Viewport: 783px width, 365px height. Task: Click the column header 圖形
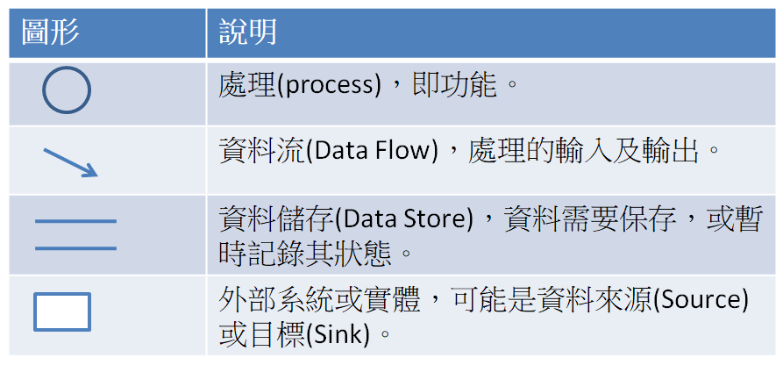pyautogui.click(x=51, y=32)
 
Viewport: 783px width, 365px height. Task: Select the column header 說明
pyautogui.click(x=248, y=32)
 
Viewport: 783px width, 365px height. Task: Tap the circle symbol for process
pyautogui.click(x=67, y=91)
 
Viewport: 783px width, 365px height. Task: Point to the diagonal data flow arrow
pyautogui.click(x=70, y=161)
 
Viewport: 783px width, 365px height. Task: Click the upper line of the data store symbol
pyautogui.click(x=75, y=221)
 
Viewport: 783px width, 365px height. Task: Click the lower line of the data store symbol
pyautogui.click(x=75, y=248)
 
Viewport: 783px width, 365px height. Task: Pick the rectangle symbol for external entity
pyautogui.click(x=62, y=312)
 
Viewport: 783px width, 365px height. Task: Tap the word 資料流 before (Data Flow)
pyautogui.click(x=260, y=151)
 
